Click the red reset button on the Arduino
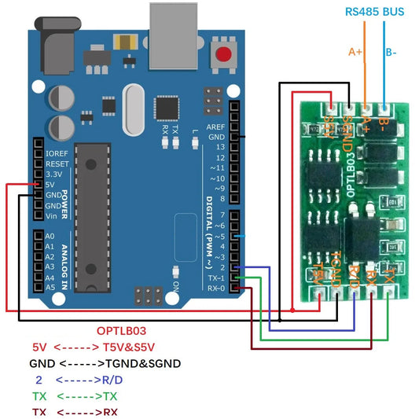(226, 55)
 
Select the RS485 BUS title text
(375, 12)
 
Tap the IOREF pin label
(57, 153)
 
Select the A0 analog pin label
(50, 236)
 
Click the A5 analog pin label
(50, 288)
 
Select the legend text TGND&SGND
(144, 363)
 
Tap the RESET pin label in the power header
(58, 164)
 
